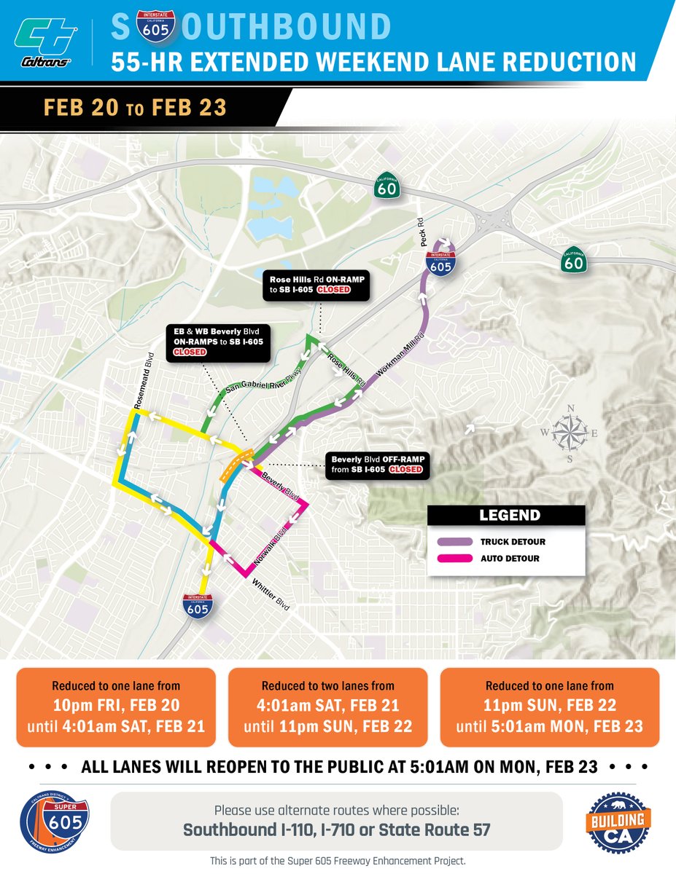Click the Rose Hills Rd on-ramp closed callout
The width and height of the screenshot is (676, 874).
(x=319, y=284)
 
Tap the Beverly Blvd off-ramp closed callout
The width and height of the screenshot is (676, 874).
(x=377, y=465)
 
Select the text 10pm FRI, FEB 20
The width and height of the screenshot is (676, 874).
(x=116, y=705)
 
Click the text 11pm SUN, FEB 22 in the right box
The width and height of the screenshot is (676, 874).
(x=550, y=705)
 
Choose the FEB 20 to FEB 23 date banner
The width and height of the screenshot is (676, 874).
(x=135, y=108)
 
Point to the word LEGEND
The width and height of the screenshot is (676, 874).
(x=510, y=516)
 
